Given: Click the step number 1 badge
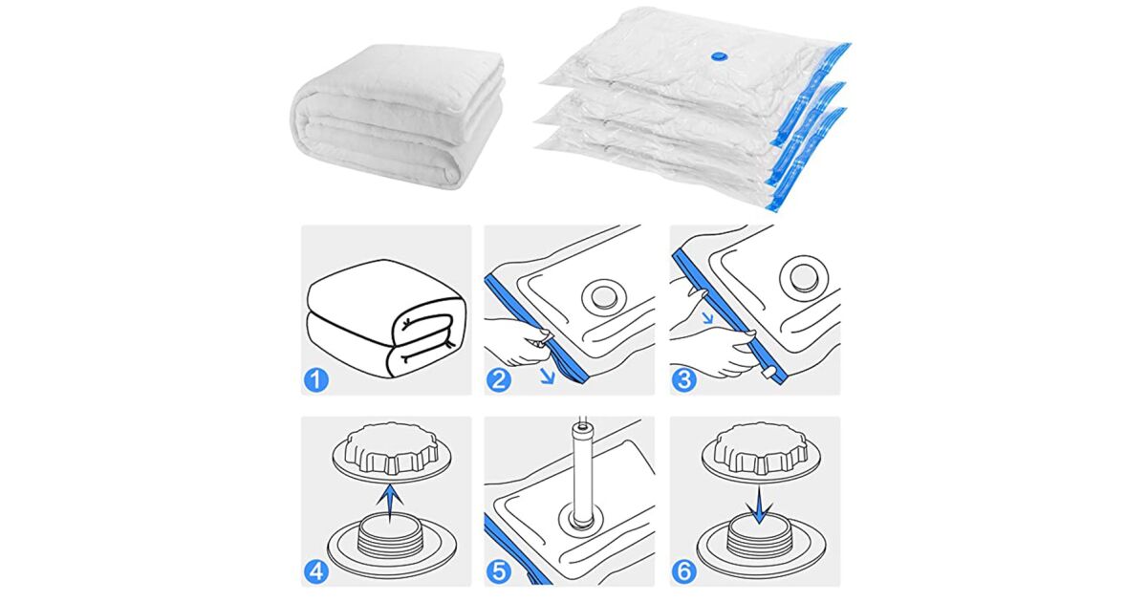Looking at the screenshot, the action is [x=316, y=380].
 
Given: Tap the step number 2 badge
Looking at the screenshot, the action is [x=499, y=380].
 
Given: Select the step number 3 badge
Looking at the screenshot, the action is [x=684, y=380].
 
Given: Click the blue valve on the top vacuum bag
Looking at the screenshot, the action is [x=715, y=55].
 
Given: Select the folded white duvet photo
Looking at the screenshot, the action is [x=398, y=116].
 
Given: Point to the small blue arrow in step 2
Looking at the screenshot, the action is [x=548, y=376].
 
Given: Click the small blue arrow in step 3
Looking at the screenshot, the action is [x=707, y=318].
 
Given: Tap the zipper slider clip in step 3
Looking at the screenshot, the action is [x=768, y=373].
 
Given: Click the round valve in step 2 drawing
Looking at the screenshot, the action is [x=604, y=296].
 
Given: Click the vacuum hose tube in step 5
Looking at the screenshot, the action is [x=581, y=475].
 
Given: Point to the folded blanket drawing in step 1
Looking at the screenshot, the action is [x=386, y=318].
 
